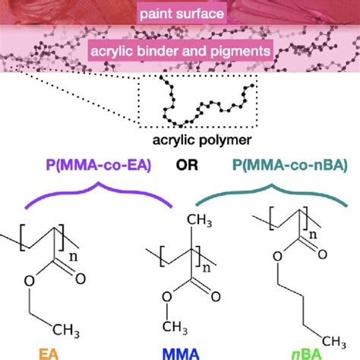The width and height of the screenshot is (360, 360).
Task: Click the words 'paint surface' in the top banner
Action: (179, 13)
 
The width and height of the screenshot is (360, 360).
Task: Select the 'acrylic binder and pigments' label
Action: (179, 52)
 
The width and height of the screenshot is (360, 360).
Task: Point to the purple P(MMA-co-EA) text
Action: (85, 165)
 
